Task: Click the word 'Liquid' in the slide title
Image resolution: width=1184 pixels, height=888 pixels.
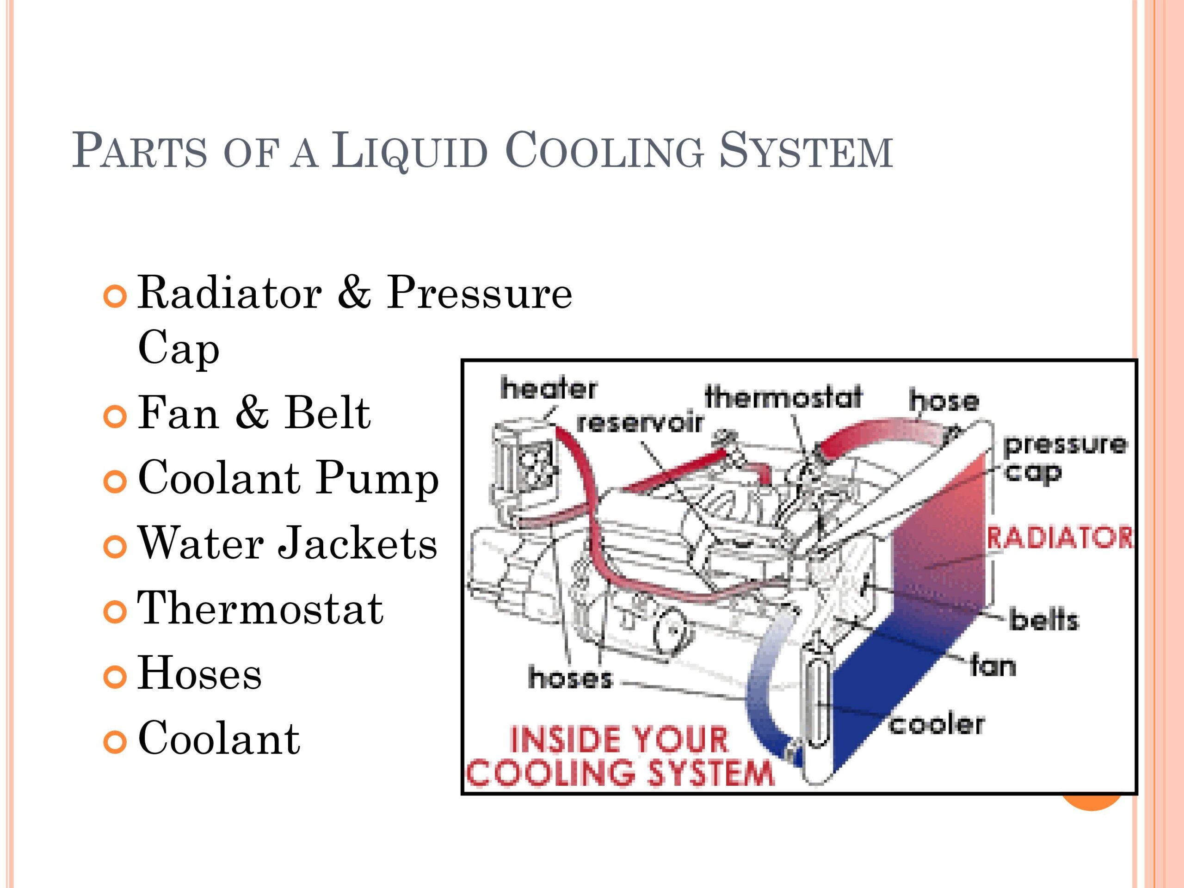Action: [409, 150]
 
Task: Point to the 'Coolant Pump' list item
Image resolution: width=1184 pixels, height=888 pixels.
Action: [289, 480]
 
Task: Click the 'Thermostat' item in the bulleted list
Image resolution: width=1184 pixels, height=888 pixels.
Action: [261, 608]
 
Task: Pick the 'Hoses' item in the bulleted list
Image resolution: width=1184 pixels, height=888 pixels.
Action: [200, 673]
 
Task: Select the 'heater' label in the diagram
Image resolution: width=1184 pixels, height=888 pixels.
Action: [548, 388]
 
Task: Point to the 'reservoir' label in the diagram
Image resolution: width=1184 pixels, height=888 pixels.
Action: [639, 423]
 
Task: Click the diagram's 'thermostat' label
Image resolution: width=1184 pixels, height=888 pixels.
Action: [783, 397]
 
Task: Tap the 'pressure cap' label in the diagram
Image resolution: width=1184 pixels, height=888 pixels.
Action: [1065, 459]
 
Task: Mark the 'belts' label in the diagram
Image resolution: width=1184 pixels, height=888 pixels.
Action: [1044, 620]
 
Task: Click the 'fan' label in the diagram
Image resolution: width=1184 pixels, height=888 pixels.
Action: [993, 666]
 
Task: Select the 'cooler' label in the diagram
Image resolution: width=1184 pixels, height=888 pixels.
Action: [936, 724]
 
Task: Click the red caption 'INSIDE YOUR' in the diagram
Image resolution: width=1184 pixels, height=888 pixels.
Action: [619, 740]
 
